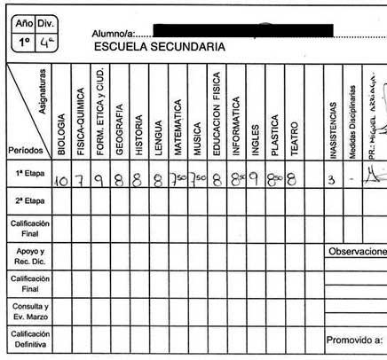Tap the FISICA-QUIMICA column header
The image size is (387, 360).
coord(81,123)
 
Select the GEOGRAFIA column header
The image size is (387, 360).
coord(119,131)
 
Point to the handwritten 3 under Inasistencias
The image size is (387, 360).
coord(330,178)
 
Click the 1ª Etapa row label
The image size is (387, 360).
coord(26,176)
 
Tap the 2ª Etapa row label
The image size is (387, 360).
coord(26,201)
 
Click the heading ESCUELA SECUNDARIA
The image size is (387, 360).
coord(158,47)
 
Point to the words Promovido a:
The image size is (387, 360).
coord(354,338)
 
